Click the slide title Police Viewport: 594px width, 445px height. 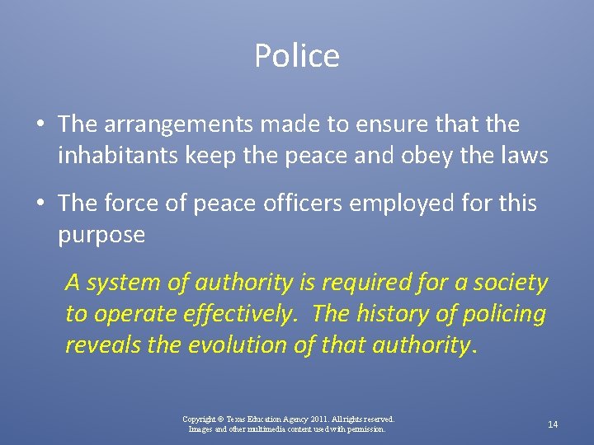click(297, 56)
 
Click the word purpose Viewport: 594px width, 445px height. click(101, 236)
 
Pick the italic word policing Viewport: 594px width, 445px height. click(505, 314)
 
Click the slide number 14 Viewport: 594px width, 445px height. click(553, 424)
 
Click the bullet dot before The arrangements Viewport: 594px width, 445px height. click(40, 125)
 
